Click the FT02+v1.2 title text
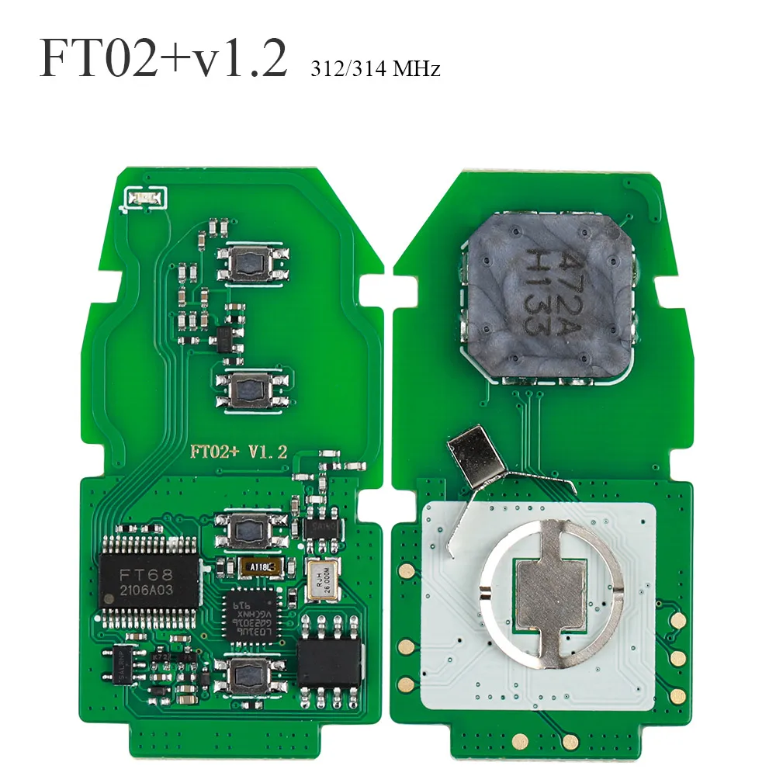click(163, 58)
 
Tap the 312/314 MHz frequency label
click(375, 68)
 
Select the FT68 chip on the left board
click(148, 581)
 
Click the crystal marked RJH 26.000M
click(322, 580)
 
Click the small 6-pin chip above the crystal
click(320, 528)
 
